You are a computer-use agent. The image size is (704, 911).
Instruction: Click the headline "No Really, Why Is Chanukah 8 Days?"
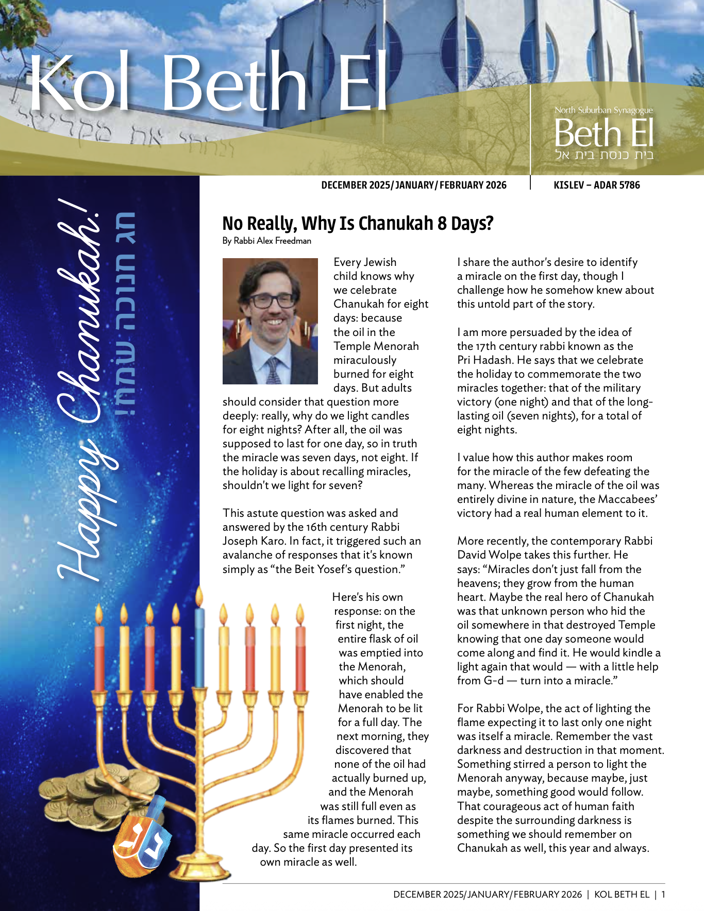(358, 224)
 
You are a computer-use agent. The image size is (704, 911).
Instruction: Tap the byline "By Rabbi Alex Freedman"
(266, 241)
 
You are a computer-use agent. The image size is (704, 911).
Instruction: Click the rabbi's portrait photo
(270, 321)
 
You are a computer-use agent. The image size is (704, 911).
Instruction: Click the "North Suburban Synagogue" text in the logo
(604, 110)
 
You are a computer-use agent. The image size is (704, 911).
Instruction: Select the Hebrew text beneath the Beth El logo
(604, 155)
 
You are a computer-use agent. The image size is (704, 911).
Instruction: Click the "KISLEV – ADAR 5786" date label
(596, 185)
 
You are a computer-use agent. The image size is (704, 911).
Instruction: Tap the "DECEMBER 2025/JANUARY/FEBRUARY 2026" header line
(413, 185)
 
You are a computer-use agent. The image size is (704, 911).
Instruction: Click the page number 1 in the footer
(663, 895)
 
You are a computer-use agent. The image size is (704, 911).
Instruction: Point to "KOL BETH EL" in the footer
(622, 895)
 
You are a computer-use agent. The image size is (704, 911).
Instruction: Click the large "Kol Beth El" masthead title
(208, 82)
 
